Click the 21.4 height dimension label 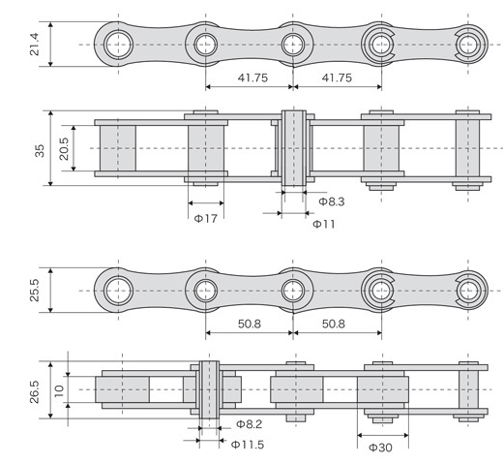tap(34, 45)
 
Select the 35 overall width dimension tap(40, 151)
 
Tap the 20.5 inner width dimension tap(64, 149)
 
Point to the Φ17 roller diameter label tap(206, 219)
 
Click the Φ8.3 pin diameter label tap(332, 201)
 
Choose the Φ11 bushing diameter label tap(324, 224)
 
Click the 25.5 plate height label tap(34, 291)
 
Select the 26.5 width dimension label tap(34, 391)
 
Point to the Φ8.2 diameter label tap(250, 424)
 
